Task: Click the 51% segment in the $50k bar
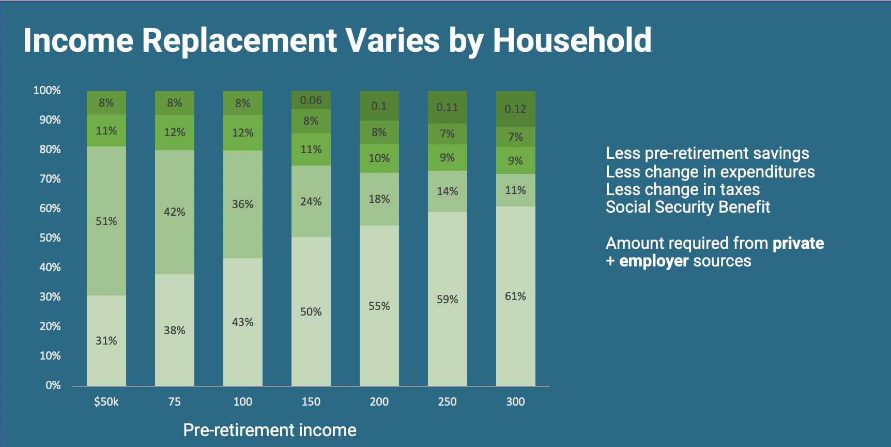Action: click(106, 221)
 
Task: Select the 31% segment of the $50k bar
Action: click(106, 340)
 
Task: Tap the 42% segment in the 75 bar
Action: click(175, 212)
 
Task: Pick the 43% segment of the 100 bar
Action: click(243, 322)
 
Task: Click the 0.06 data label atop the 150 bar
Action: click(311, 100)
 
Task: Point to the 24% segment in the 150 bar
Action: click(311, 201)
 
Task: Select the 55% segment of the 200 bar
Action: click(379, 306)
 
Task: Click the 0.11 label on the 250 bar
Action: click(447, 108)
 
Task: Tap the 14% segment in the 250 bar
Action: click(448, 191)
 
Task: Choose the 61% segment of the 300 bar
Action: click(516, 296)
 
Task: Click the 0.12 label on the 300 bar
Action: click(515, 109)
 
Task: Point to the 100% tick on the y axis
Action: click(47, 91)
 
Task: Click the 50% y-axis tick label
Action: click(50, 238)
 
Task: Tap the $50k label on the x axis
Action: click(106, 401)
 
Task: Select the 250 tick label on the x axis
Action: click(448, 401)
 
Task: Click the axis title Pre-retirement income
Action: click(270, 430)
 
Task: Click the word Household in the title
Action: click(572, 40)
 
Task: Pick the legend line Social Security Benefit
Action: click(688, 207)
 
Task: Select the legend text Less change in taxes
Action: click(683, 189)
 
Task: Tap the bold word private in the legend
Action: click(798, 243)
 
